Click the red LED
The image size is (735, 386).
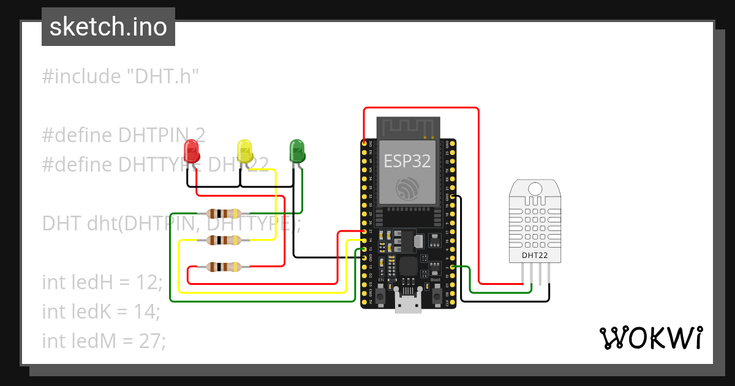coord(191,150)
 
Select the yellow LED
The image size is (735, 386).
coord(244,150)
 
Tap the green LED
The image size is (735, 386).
coord(297,150)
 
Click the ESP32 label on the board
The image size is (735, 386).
coord(407,161)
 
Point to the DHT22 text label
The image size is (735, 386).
coord(535,255)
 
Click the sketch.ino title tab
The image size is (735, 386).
coord(108,27)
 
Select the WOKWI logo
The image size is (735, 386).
coord(650,338)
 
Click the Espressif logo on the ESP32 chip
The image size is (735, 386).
coord(407,189)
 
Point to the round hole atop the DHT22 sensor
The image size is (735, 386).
coord(535,189)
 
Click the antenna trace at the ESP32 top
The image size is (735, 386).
coord(407,127)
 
